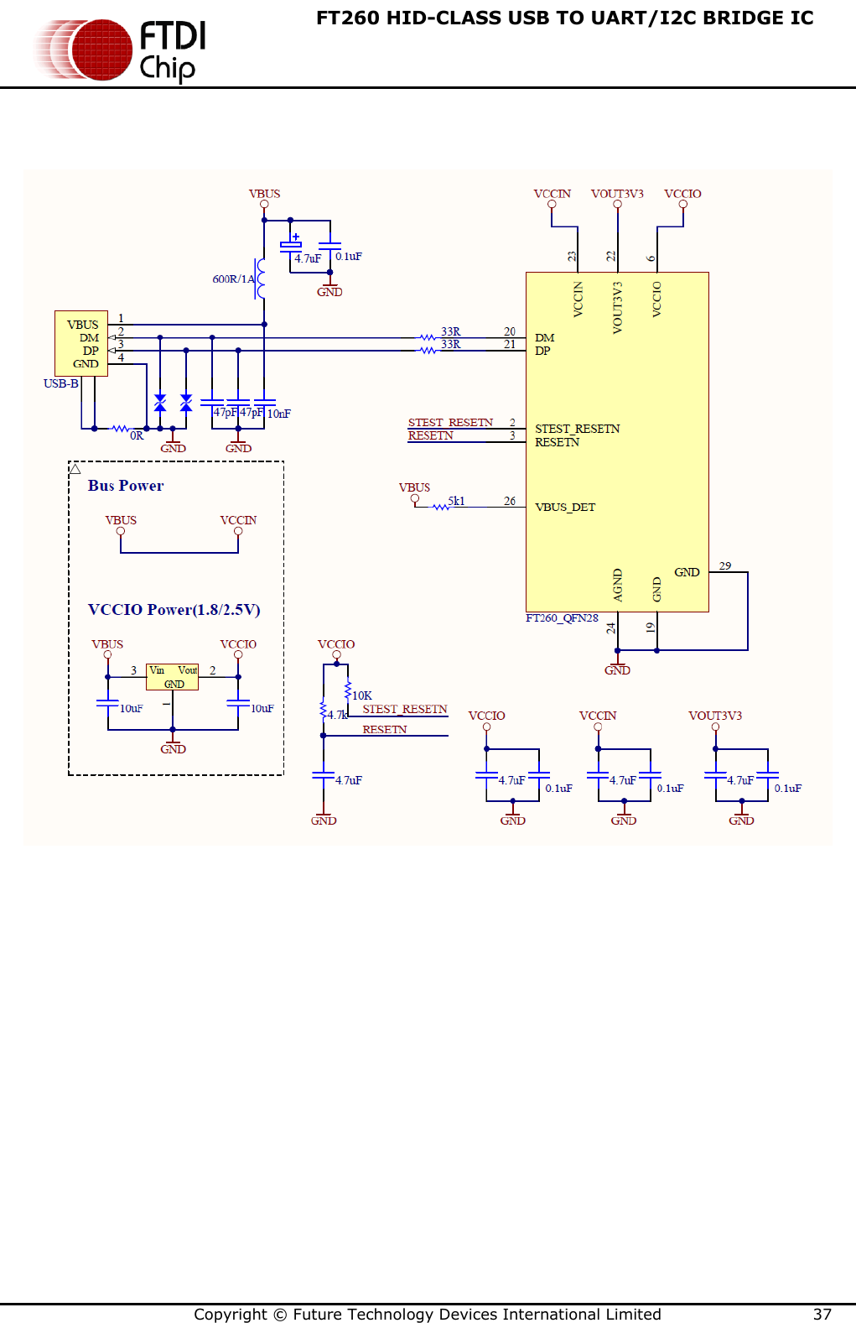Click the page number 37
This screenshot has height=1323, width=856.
click(822, 1314)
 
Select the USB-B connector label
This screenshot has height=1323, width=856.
click(60, 383)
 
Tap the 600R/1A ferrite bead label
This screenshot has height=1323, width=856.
click(232, 279)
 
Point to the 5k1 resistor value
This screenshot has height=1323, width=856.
click(456, 501)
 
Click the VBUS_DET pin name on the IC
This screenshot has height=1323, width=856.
click(564, 507)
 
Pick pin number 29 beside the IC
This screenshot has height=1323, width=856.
click(724, 565)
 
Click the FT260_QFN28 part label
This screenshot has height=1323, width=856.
click(562, 618)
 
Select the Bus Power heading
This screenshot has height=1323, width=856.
click(126, 486)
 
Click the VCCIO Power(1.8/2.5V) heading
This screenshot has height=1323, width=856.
click(174, 610)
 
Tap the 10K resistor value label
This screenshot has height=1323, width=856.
click(361, 695)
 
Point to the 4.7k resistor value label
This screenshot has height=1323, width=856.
click(337, 715)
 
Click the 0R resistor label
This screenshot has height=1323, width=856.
click(137, 435)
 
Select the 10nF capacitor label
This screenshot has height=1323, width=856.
click(279, 414)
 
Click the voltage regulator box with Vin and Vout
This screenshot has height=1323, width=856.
click(173, 676)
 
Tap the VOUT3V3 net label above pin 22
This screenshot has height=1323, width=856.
click(617, 194)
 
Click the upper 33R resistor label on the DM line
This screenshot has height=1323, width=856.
click(450, 331)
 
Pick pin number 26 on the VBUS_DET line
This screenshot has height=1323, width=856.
click(509, 501)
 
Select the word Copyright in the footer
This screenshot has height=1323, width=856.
click(230, 1314)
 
